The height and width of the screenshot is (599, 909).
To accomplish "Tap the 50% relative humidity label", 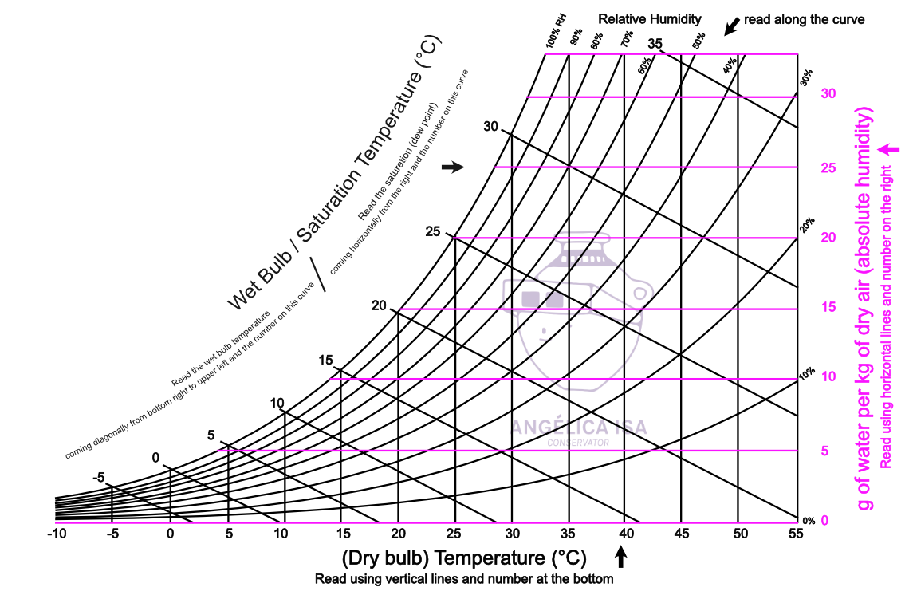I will coord(699,41).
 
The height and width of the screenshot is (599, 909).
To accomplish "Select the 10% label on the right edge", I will coord(807,372).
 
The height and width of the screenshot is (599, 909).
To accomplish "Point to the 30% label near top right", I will coord(807,77).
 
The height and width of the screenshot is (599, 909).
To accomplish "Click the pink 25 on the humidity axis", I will coord(828,167).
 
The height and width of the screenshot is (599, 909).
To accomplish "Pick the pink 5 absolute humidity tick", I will coord(824,451).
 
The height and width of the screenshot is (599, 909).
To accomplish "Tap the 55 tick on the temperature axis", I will coord(796,533).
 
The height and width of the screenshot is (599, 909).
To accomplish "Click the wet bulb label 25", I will coord(433,232).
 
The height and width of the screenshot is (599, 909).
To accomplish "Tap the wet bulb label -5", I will coord(98,478).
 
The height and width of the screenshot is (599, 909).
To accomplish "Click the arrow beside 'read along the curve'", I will coord(730,26).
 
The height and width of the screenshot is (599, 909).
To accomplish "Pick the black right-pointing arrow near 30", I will coord(452,167).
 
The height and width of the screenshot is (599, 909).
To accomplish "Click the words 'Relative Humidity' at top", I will coord(650,18).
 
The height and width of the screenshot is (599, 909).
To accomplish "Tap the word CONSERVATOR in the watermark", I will coord(578,443).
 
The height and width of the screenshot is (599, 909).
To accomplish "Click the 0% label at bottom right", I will coord(809,521).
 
